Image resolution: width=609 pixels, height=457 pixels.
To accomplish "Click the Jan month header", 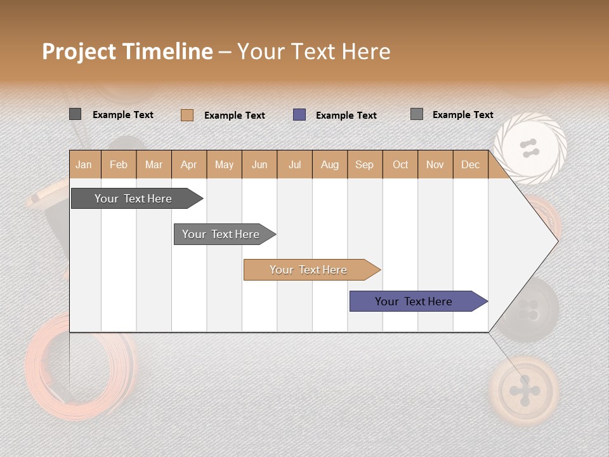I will click(x=84, y=164).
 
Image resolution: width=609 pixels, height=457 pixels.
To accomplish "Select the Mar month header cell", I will click(x=154, y=164).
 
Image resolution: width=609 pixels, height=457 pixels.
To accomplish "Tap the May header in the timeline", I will click(x=224, y=164).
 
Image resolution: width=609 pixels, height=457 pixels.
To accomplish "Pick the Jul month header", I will click(x=294, y=164).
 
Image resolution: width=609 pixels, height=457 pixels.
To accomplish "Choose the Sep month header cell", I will click(x=364, y=164).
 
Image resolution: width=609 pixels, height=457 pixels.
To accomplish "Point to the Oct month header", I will click(x=400, y=164).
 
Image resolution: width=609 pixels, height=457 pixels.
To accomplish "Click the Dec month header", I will click(x=470, y=164).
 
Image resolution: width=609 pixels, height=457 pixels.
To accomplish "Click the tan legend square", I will click(x=187, y=115).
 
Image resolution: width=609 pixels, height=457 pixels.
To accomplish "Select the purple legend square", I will click(x=299, y=115).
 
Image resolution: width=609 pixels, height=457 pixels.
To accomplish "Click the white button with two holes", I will click(x=530, y=149).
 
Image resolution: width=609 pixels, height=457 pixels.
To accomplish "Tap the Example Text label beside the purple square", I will click(x=346, y=116).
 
